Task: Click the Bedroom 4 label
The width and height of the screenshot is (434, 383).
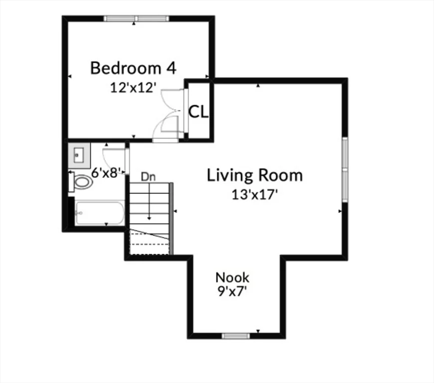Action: pyautogui.click(x=133, y=68)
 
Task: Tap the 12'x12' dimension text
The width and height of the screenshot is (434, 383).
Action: pyautogui.click(x=133, y=87)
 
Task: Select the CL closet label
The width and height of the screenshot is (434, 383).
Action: pyautogui.click(x=198, y=112)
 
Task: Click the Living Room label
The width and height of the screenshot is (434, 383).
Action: pyautogui.click(x=254, y=176)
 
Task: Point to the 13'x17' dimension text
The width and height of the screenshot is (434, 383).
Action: pyautogui.click(x=254, y=194)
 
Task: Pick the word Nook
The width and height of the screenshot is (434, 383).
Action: pyautogui.click(x=232, y=277)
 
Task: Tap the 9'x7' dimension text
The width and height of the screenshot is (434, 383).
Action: pyautogui.click(x=232, y=291)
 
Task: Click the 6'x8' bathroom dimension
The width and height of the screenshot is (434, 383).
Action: pyautogui.click(x=107, y=173)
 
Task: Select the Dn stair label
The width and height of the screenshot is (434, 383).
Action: pyautogui.click(x=147, y=176)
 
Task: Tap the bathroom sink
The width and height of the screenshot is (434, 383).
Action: pyautogui.click(x=79, y=155)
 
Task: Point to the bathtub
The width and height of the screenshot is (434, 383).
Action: pyautogui.click(x=99, y=213)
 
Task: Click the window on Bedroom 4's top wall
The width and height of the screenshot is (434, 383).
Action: pyautogui.click(x=136, y=18)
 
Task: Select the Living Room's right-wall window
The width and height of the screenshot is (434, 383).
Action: pyautogui.click(x=344, y=169)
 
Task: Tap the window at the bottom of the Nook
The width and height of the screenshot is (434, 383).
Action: pyautogui.click(x=235, y=336)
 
